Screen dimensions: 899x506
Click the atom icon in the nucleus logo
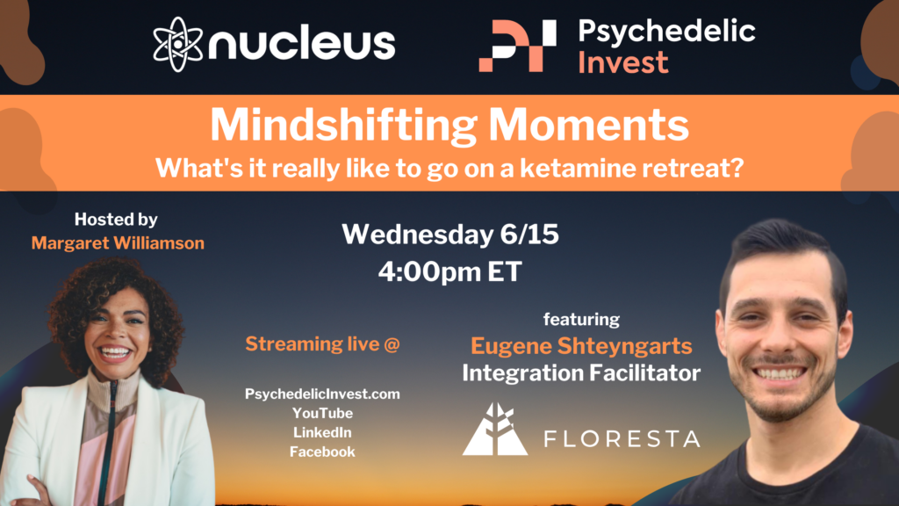(x=177, y=44)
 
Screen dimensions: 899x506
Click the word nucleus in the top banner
(x=302, y=44)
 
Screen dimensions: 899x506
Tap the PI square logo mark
(x=517, y=46)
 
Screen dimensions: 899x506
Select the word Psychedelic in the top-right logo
(x=667, y=31)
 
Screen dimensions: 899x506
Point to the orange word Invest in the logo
(x=623, y=62)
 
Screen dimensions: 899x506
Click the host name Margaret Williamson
(x=118, y=243)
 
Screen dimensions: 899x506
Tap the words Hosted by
(x=116, y=220)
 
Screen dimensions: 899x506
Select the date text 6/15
(x=529, y=234)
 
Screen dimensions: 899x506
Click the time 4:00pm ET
(x=450, y=271)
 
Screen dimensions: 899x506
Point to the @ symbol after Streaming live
(x=392, y=344)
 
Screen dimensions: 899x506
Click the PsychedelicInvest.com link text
(x=322, y=394)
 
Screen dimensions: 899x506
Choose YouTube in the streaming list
(x=322, y=413)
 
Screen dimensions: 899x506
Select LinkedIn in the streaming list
(x=322, y=432)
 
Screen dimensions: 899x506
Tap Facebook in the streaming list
(x=322, y=452)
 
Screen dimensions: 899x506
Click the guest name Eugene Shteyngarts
(x=581, y=346)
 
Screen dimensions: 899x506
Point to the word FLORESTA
(x=622, y=439)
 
